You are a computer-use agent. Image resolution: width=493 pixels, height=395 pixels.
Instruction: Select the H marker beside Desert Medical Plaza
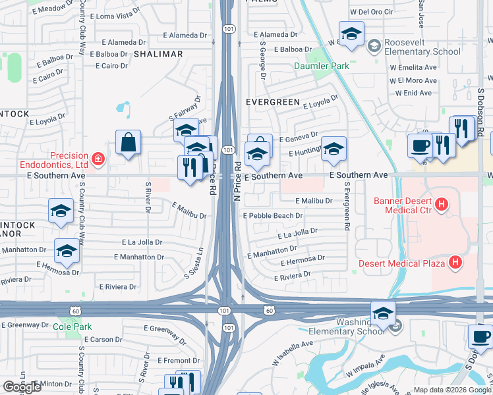point(454,263)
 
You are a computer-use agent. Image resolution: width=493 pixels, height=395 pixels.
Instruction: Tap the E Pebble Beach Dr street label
point(273,216)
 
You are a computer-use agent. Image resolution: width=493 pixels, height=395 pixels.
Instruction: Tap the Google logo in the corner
point(22,387)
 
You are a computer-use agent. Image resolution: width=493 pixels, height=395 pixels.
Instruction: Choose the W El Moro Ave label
point(413,80)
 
